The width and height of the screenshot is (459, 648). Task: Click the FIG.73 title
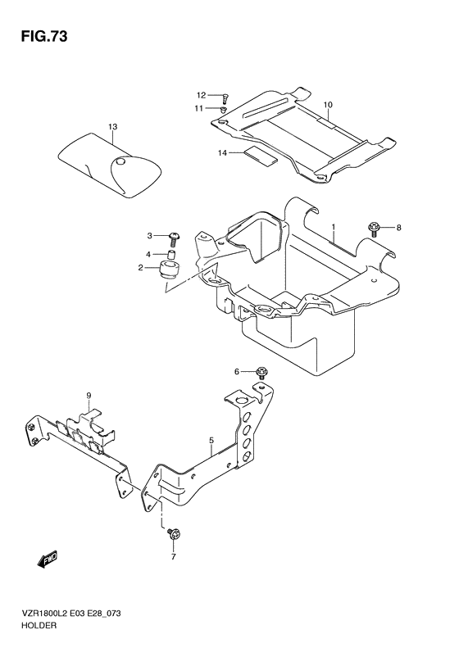click(43, 37)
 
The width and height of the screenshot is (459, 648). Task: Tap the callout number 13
click(113, 127)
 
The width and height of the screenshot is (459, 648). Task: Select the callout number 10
click(328, 105)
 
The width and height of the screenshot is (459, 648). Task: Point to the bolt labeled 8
click(373, 229)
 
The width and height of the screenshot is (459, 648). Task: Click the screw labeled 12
click(225, 98)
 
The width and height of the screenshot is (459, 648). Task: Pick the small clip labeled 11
click(224, 110)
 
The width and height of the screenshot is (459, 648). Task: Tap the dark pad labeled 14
click(260, 156)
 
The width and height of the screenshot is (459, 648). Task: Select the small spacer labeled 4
click(172, 254)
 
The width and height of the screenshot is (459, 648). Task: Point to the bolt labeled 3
click(174, 238)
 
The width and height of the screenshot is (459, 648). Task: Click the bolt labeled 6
click(261, 373)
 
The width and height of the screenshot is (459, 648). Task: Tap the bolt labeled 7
click(173, 535)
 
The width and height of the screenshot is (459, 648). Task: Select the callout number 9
click(89, 396)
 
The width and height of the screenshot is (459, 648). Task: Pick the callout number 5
click(211, 441)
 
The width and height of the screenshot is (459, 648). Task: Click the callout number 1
click(333, 227)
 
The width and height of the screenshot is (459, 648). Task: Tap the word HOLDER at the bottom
click(39, 625)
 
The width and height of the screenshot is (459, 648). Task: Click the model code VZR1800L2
click(41, 614)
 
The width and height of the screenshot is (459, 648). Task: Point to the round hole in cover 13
click(121, 161)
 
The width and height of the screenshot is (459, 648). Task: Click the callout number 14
click(222, 153)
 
